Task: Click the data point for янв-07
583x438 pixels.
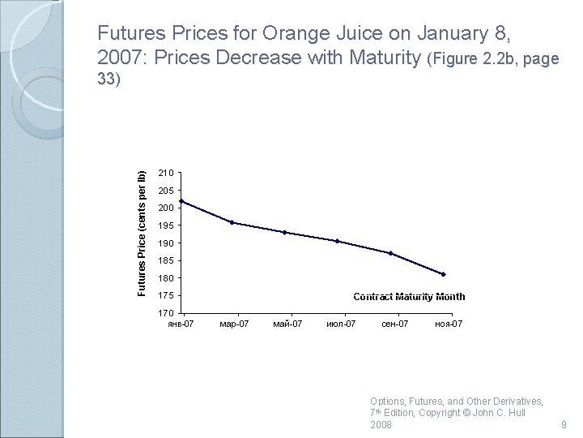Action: (181, 201)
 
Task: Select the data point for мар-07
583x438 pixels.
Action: (232, 222)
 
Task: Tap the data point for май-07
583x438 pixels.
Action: (285, 232)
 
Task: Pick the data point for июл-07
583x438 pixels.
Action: (337, 241)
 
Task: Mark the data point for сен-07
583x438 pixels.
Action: (390, 253)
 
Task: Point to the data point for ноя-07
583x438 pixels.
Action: (444, 274)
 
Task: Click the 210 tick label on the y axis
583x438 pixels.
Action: (166, 173)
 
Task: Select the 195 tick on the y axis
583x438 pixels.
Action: (166, 225)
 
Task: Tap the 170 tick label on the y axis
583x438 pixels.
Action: (166, 313)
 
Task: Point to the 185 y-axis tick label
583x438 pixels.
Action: (166, 260)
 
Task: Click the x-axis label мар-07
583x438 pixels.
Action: (234, 324)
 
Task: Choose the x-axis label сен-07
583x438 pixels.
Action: (394, 324)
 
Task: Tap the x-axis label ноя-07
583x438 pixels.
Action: (449, 324)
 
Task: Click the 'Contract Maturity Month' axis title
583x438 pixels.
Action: (409, 297)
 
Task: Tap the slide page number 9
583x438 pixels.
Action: (564, 425)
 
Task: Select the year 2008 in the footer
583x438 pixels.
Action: (381, 425)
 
